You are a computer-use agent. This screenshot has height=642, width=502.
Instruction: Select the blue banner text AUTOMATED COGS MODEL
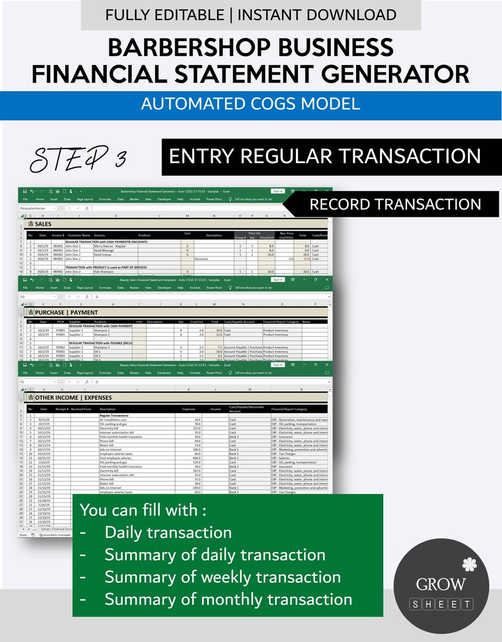point(250,104)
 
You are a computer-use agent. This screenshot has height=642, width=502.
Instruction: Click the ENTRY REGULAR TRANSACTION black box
point(325,156)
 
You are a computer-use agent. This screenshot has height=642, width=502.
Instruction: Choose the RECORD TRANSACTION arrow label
point(395,204)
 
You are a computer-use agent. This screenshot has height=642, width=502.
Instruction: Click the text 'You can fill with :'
point(143,509)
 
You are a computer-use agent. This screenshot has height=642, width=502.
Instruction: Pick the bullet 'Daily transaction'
point(168,533)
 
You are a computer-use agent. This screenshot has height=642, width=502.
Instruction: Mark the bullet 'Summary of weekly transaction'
point(223,577)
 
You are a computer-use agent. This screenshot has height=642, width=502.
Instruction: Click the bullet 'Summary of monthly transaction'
point(228,599)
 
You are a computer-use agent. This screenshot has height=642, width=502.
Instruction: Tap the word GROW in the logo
point(441,584)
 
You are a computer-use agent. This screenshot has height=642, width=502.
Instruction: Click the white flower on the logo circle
point(468,563)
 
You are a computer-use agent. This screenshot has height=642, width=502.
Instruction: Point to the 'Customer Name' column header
point(79,236)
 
